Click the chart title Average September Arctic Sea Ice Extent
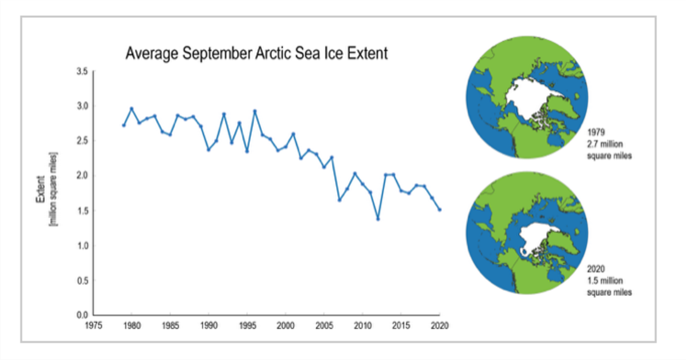[x=256, y=54]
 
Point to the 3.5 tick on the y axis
[x=82, y=71]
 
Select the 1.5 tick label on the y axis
[x=82, y=211]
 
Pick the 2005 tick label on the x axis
[x=323, y=326]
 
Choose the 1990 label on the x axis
[x=208, y=326]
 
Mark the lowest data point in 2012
[x=378, y=219]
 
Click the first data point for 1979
[x=124, y=125]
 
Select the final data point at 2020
[x=439, y=210]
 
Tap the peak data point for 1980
[x=131, y=108]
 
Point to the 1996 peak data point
[x=255, y=111]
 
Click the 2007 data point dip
[x=339, y=200]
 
